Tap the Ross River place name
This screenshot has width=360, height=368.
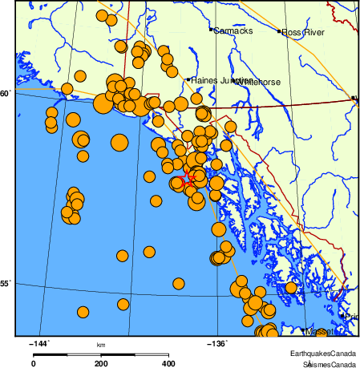click(x=304, y=32)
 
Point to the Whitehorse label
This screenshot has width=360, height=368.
click(x=260, y=81)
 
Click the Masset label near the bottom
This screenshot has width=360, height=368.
click(x=320, y=331)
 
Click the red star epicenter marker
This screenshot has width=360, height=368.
click(x=186, y=176)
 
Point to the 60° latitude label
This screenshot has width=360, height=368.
click(x=6, y=94)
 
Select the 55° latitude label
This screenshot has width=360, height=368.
click(x=6, y=283)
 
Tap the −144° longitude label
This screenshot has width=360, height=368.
click(x=38, y=344)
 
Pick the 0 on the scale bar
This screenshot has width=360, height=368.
click(x=34, y=363)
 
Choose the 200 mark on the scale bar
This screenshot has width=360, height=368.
click(x=101, y=363)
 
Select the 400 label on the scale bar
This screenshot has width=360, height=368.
click(x=168, y=363)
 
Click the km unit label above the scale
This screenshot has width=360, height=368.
click(x=101, y=345)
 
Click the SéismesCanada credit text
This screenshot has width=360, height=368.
click(x=325, y=363)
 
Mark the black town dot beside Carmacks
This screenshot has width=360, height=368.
click(x=211, y=30)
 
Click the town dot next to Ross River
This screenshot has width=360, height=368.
click(x=280, y=32)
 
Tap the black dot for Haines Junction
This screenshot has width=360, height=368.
click(x=188, y=80)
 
